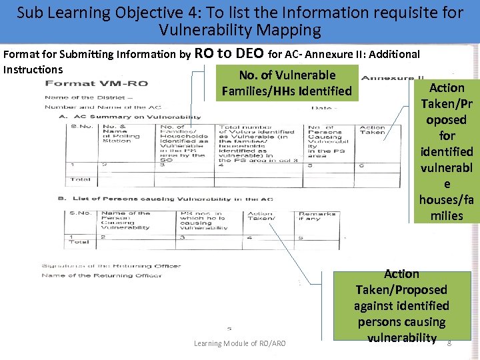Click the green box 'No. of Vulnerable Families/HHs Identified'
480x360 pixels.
287,83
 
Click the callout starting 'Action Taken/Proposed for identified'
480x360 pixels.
446,151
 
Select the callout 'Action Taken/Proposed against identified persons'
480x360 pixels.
401,306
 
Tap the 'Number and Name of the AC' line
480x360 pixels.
103,107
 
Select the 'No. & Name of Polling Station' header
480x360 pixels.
117,135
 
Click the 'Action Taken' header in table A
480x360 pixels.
372,130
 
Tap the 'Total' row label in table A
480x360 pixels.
80,179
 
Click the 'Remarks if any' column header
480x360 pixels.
311,217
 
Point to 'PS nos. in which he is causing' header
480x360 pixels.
203,221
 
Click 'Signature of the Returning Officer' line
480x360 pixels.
111,266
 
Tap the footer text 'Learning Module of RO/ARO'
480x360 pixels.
239,343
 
